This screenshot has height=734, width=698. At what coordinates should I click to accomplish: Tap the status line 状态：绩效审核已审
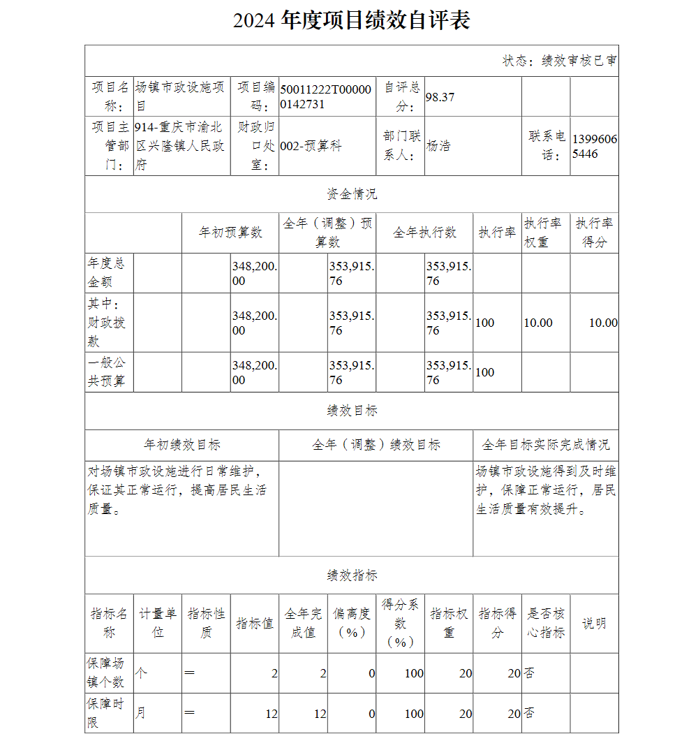559,61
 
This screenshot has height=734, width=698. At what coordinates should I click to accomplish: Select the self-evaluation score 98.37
440,97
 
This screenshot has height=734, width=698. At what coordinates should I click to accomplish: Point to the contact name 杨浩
438,146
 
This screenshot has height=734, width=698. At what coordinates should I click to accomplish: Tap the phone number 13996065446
594,146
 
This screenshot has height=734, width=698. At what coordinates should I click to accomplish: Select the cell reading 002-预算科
311,146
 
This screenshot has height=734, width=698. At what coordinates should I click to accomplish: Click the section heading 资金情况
351,194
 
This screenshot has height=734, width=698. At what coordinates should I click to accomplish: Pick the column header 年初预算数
230,233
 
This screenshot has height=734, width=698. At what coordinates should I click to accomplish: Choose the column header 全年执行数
424,233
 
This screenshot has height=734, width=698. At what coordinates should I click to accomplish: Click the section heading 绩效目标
351,411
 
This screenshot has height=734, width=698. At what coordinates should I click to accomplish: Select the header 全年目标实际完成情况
545,445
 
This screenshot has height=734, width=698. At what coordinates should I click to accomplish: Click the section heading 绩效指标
351,575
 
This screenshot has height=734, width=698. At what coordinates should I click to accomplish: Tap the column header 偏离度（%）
351,623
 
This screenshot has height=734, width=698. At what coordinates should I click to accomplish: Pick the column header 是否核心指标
545,623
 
